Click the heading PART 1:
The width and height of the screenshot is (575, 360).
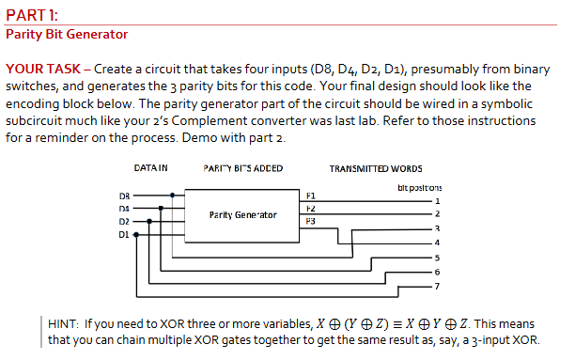click(x=32, y=15)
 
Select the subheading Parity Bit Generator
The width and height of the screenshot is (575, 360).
click(x=67, y=34)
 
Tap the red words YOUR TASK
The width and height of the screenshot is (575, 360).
click(x=43, y=69)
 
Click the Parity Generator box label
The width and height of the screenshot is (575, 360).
click(x=242, y=215)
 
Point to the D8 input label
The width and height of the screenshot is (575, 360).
click(x=124, y=196)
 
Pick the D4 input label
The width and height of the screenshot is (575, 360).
click(x=124, y=209)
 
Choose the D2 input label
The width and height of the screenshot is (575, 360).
click(x=124, y=221)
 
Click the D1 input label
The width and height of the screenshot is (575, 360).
click(x=124, y=234)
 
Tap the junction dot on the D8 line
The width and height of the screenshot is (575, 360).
click(x=172, y=196)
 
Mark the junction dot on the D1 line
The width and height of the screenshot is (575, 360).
click(x=136, y=234)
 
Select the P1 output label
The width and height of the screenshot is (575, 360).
click(x=311, y=196)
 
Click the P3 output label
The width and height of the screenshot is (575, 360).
click(x=311, y=221)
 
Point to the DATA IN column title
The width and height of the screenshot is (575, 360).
click(x=150, y=167)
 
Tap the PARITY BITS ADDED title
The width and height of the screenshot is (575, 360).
click(x=243, y=168)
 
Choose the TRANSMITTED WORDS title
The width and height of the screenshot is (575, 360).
click(x=376, y=169)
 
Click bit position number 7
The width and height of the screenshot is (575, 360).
click(x=437, y=286)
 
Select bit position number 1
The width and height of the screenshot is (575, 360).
click(x=437, y=201)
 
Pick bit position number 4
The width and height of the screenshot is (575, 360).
click(x=437, y=243)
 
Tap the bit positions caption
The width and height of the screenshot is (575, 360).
click(x=420, y=188)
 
